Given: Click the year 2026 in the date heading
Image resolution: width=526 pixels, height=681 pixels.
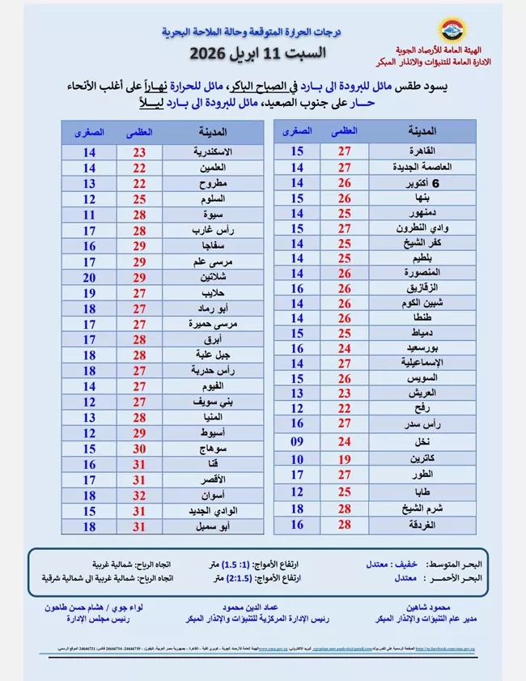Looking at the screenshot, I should [x=211, y=55].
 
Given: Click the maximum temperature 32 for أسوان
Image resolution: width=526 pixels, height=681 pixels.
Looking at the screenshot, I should [x=139, y=494].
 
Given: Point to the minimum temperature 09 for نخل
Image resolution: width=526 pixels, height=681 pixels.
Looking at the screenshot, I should [x=297, y=442].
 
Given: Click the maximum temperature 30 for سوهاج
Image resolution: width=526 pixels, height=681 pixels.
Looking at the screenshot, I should [x=139, y=448].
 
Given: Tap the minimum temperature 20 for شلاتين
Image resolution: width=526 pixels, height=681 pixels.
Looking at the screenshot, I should [x=90, y=277].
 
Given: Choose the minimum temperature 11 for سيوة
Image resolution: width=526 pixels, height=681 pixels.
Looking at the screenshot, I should [x=90, y=215].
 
